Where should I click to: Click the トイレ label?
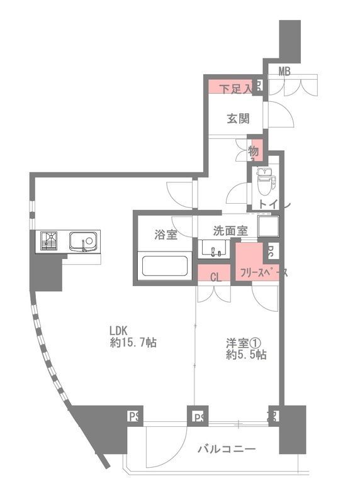pos(272,205)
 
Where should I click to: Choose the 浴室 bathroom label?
pos(166,235)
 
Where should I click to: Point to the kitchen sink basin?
pos(83,241)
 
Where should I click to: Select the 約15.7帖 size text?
pos(133,343)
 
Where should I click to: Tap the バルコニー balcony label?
pos(226,450)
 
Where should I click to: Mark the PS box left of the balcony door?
pos(133,416)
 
